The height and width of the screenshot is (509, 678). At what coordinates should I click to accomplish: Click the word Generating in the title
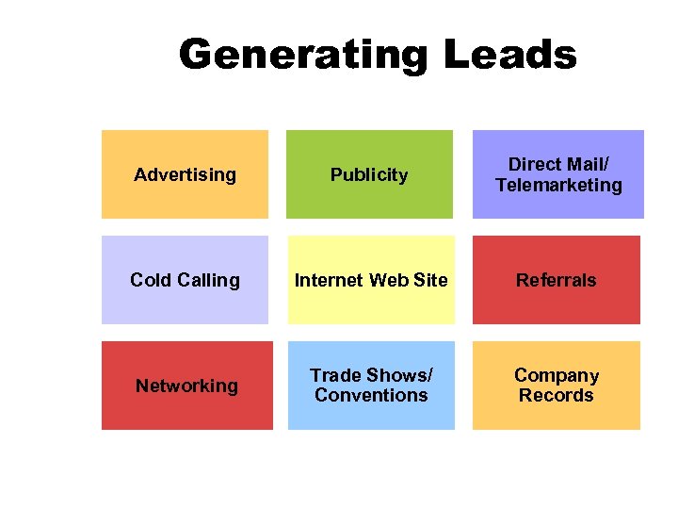303,55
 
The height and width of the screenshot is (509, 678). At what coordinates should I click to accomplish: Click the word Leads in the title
509,55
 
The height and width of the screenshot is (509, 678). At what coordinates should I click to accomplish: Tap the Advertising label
185,174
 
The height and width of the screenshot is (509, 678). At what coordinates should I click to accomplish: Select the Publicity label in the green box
369,174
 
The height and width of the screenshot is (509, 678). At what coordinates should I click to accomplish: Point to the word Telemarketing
558,186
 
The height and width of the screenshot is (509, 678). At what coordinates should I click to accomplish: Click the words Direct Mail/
558,164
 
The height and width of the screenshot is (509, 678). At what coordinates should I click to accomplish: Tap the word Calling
208,280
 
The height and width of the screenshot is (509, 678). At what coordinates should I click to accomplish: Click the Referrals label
556,280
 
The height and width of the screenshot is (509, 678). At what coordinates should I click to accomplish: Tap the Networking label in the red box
186,386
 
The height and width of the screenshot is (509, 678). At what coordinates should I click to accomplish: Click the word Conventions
371,396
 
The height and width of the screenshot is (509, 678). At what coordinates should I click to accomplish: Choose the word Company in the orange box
556,375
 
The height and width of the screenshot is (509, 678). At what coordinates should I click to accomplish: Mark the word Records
556,396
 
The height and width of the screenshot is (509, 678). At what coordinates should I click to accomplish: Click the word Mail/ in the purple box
587,164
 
